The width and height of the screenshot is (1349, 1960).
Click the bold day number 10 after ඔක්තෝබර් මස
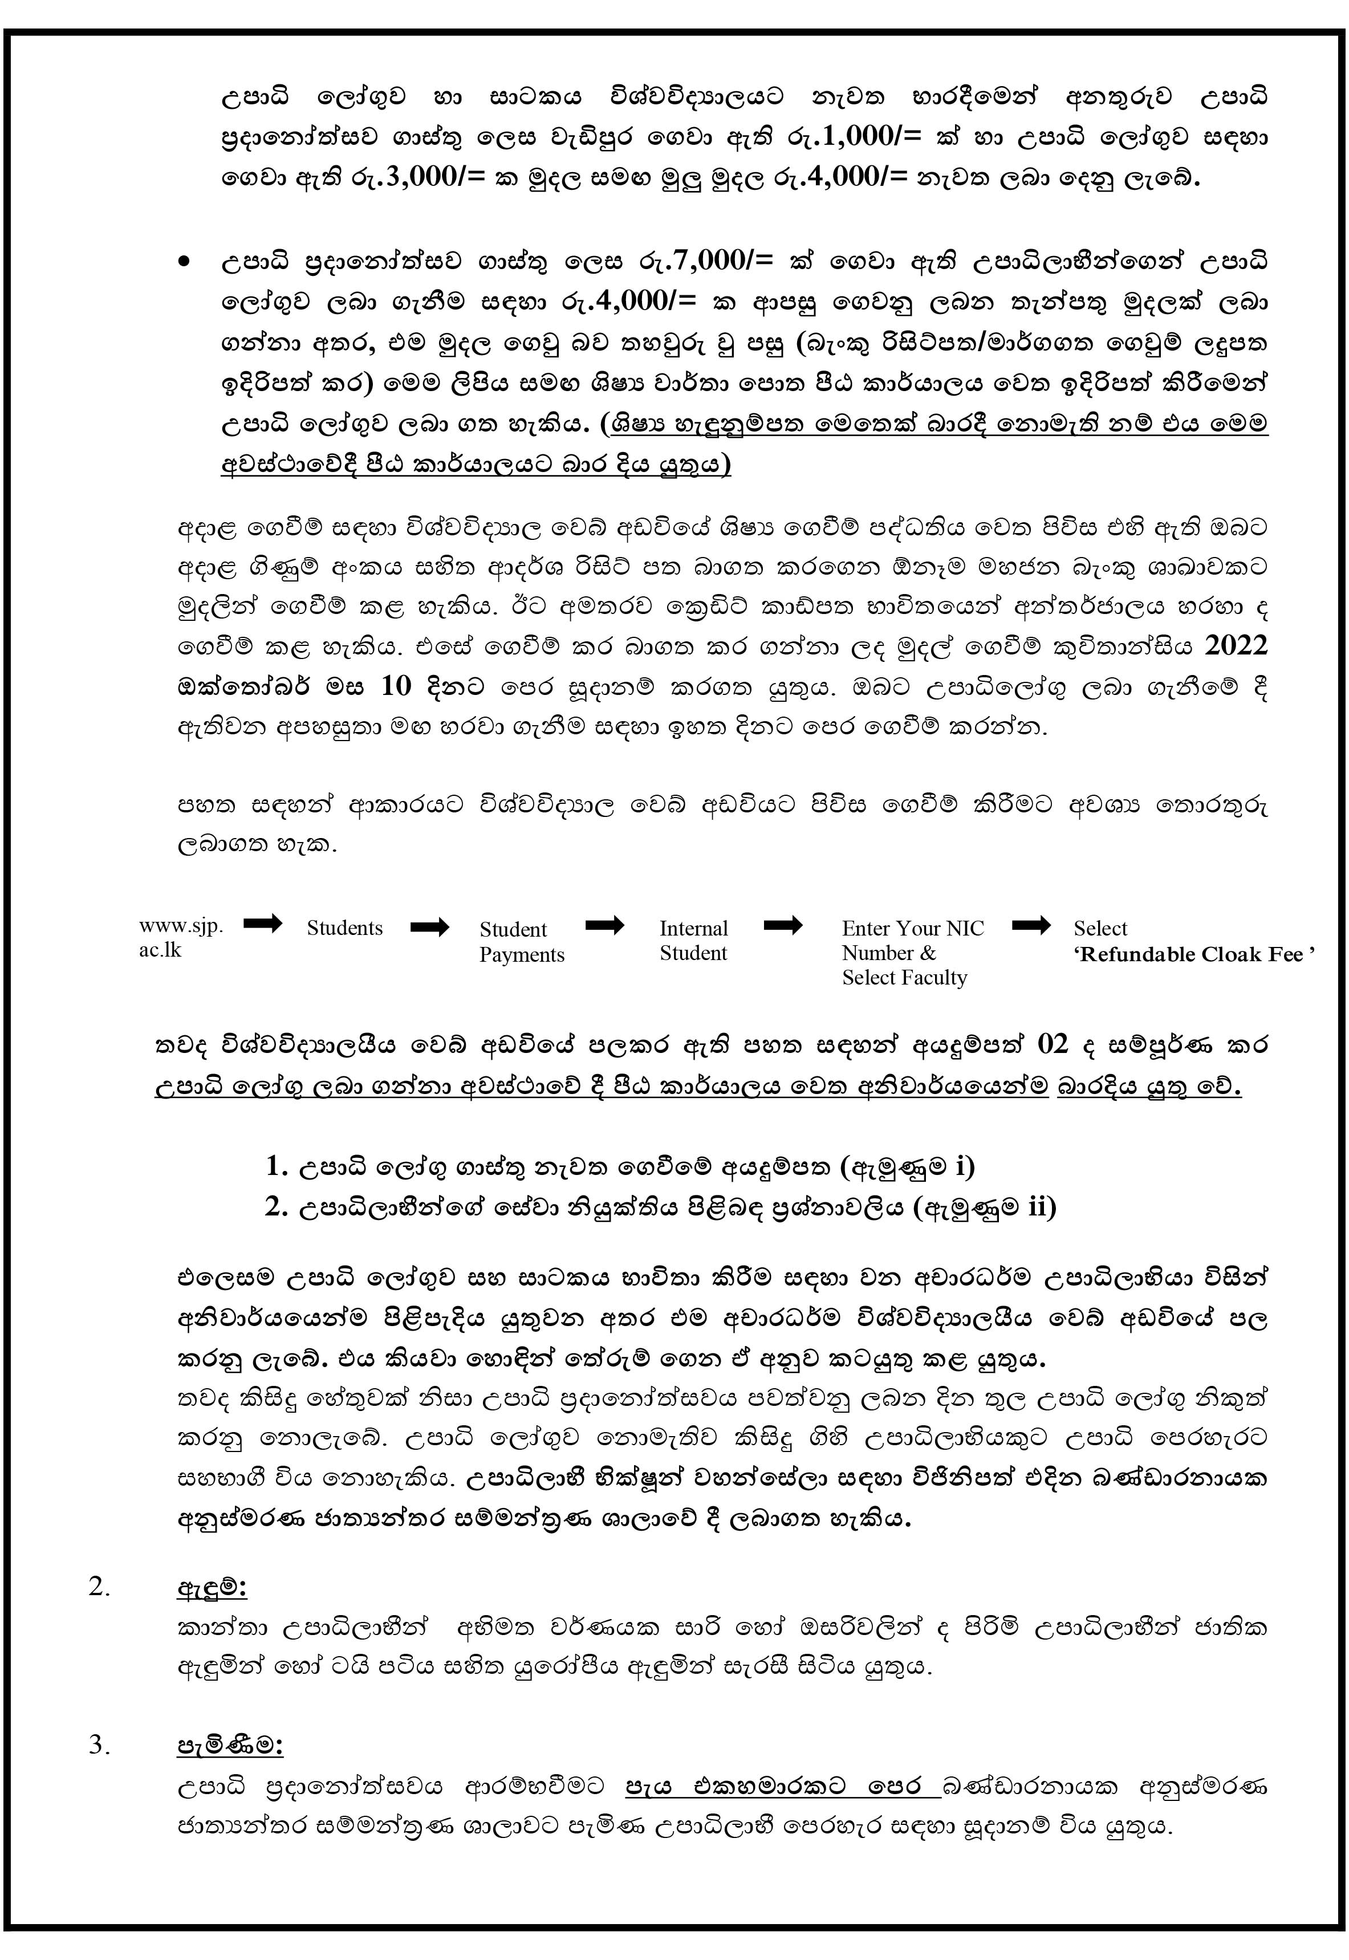tap(396, 686)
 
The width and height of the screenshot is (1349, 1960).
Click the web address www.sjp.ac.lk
tap(181, 937)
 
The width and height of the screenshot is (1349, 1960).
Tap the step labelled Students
tap(344, 928)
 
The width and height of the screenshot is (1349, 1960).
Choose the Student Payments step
tap(522, 942)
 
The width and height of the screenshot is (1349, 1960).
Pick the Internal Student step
tap(693, 940)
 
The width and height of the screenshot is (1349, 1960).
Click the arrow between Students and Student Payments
tap(430, 927)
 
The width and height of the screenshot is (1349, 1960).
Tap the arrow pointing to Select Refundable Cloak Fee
tap(1031, 925)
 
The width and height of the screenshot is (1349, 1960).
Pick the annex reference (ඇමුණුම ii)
tap(985, 1207)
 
